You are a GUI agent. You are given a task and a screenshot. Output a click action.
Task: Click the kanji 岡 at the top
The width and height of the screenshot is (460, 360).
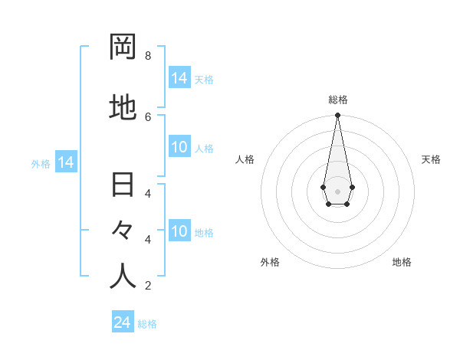(x=123, y=47)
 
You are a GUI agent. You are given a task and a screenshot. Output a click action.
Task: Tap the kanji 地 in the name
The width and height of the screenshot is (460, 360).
(x=123, y=108)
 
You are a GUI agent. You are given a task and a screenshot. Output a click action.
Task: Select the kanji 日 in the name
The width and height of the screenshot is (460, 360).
(x=123, y=185)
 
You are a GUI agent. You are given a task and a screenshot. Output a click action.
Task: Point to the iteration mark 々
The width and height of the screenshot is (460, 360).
(x=123, y=230)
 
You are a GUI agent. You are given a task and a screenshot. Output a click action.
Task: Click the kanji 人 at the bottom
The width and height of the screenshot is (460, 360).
(x=123, y=277)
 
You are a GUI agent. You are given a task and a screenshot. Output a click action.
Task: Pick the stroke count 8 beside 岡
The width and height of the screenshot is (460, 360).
(x=147, y=56)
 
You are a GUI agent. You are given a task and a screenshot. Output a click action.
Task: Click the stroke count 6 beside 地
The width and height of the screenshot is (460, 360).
(x=147, y=116)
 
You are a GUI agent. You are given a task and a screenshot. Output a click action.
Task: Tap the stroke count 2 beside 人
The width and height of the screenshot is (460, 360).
(x=147, y=286)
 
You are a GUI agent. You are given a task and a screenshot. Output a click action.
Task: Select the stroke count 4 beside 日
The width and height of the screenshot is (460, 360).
(x=147, y=193)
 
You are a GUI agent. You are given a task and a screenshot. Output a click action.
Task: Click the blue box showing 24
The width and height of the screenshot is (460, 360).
(x=123, y=322)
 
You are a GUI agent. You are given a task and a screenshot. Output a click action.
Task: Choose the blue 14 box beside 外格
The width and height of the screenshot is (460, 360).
(x=65, y=162)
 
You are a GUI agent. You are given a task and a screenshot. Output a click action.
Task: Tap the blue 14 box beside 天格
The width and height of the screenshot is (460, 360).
(x=179, y=78)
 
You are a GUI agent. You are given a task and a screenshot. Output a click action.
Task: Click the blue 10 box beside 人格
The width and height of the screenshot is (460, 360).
(x=179, y=147)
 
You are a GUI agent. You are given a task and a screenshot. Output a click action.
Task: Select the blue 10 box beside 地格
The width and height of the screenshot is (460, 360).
(x=179, y=231)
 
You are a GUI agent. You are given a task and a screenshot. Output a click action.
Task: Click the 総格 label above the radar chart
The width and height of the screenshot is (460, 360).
(x=338, y=100)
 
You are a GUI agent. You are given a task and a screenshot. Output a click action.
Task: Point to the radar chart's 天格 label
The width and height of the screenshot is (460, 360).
(x=431, y=159)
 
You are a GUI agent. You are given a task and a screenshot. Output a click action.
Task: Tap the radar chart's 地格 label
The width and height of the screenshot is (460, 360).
(x=402, y=262)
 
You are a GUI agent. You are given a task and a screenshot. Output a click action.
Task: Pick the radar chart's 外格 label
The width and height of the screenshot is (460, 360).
(x=270, y=262)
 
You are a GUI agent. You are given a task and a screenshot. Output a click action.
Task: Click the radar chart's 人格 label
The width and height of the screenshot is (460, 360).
(x=245, y=159)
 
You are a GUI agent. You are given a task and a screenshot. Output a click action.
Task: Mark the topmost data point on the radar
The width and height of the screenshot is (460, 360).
(x=337, y=116)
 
